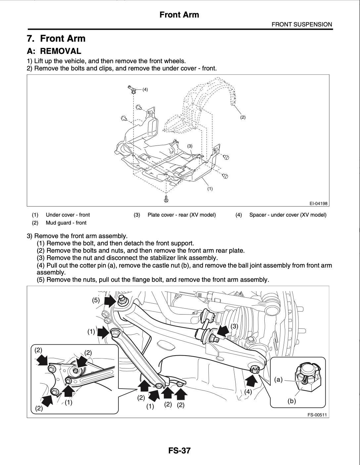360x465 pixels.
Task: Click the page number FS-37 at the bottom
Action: point(179,450)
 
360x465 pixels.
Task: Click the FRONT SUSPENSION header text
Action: point(301,24)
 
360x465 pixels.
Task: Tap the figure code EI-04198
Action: point(318,203)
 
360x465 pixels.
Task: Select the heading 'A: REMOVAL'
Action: point(54,51)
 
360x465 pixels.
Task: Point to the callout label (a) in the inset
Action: point(279,380)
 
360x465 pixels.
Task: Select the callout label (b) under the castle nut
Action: point(292,401)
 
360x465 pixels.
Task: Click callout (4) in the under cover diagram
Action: point(145,89)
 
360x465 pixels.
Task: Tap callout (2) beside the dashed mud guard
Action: point(243,117)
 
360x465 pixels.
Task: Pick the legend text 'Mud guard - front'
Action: point(66,223)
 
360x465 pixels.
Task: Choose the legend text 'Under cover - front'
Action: point(67,215)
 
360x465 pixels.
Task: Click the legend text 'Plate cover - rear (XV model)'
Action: point(181,215)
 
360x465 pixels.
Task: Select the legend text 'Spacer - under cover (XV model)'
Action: point(288,215)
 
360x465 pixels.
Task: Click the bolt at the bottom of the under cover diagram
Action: point(166,198)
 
